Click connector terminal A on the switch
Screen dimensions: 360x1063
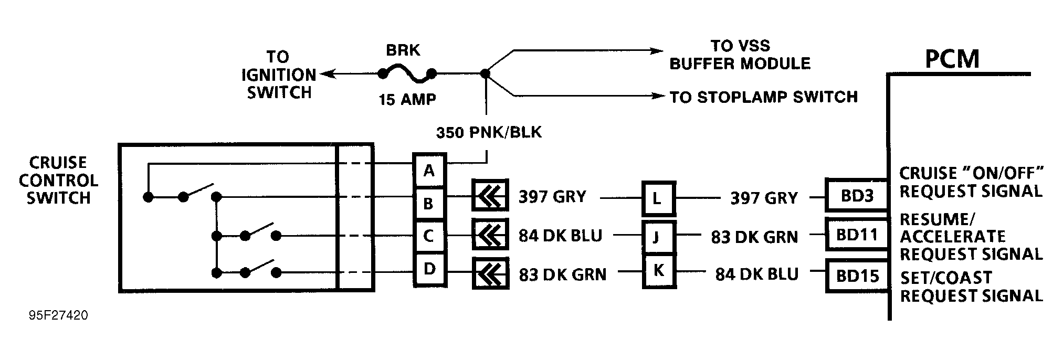click(x=429, y=171)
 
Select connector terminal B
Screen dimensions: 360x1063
click(x=429, y=204)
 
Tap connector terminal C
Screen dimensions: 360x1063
click(x=429, y=236)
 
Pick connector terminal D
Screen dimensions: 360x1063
click(x=429, y=269)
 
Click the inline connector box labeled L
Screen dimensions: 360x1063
click(x=658, y=199)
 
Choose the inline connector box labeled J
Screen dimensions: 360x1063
click(x=658, y=237)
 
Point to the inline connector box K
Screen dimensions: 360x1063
click(x=658, y=271)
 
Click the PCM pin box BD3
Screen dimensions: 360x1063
click(x=857, y=196)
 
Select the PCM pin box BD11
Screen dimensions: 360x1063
click(x=857, y=235)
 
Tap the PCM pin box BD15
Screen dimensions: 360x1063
click(x=857, y=276)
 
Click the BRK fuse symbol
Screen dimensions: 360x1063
click(x=407, y=74)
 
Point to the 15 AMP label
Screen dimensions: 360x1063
click(x=407, y=99)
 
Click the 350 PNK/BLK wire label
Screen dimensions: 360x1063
click(x=488, y=132)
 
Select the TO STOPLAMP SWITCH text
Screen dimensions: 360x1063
click(x=763, y=97)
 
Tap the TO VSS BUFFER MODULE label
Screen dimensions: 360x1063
click(x=740, y=55)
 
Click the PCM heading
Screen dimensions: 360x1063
click(x=952, y=59)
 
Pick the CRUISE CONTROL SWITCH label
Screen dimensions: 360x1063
click(x=58, y=180)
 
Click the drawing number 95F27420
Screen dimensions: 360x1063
click(x=58, y=315)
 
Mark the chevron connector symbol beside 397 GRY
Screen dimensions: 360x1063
click(x=490, y=197)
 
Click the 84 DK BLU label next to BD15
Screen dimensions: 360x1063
click(x=756, y=274)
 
